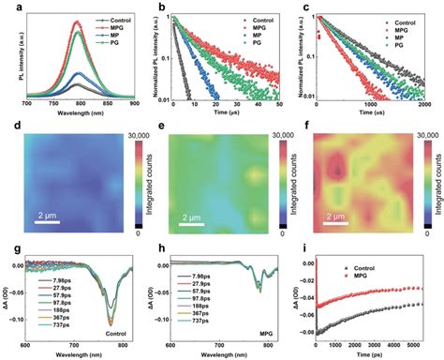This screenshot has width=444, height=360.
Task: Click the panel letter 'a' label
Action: (x=7, y=7)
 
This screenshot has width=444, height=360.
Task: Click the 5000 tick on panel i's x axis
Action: (x=425, y=344)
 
